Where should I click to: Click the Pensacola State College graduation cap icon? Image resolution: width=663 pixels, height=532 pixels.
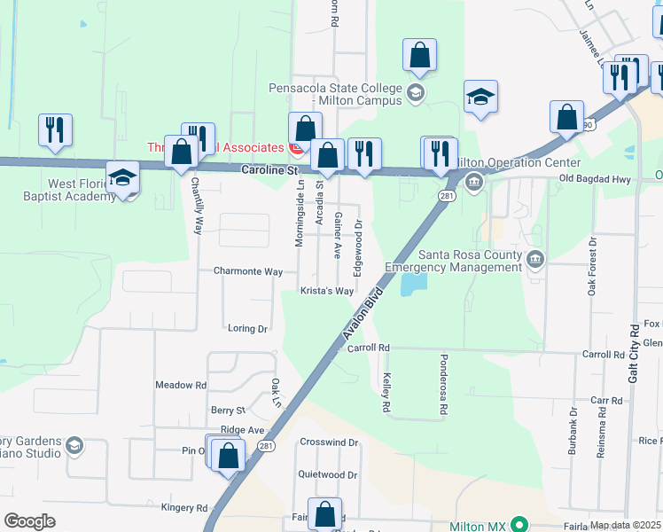coord(416,92)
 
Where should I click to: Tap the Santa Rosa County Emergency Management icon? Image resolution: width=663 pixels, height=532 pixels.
coord(535,260)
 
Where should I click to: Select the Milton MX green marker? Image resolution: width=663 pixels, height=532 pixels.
coord(519,525)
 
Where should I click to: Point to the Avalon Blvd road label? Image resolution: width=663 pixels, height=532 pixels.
coord(363,311)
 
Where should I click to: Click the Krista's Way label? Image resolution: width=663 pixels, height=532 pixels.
coord(326,291)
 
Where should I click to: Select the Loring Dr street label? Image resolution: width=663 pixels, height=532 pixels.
coord(247,328)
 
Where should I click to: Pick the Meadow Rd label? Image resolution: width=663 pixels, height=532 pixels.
coord(180,385)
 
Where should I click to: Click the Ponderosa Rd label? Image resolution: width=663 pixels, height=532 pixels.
coord(442,386)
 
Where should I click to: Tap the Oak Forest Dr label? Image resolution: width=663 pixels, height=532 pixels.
coord(592,266)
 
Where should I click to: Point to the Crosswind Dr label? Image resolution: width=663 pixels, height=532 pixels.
coord(328,442)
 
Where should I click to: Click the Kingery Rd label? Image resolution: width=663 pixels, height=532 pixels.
coord(183,508)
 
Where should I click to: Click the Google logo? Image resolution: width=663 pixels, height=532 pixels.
coord(29,520)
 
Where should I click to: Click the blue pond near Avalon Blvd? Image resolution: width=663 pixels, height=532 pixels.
coord(413,285)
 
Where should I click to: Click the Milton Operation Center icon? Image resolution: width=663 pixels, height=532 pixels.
coord(473,184)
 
